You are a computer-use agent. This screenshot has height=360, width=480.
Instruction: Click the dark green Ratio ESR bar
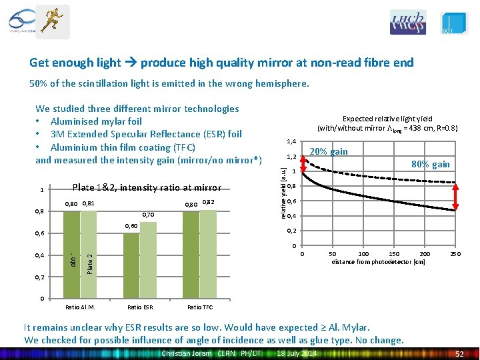(131, 265)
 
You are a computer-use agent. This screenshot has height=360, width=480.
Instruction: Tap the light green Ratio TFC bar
(208, 253)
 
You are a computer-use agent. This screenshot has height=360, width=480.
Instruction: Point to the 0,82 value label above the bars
(209, 202)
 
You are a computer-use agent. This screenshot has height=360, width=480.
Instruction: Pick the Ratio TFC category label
(199, 307)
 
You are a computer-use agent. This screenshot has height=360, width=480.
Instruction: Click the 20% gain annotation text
(330, 151)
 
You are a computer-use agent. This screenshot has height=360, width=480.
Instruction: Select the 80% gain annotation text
(431, 164)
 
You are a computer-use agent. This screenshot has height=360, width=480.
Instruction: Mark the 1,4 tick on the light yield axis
(290, 141)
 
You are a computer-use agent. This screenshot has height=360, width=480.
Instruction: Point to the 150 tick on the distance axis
(394, 254)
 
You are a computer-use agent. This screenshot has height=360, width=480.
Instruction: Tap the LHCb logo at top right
(407, 22)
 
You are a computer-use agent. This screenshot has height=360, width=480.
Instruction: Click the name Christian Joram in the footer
(187, 353)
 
